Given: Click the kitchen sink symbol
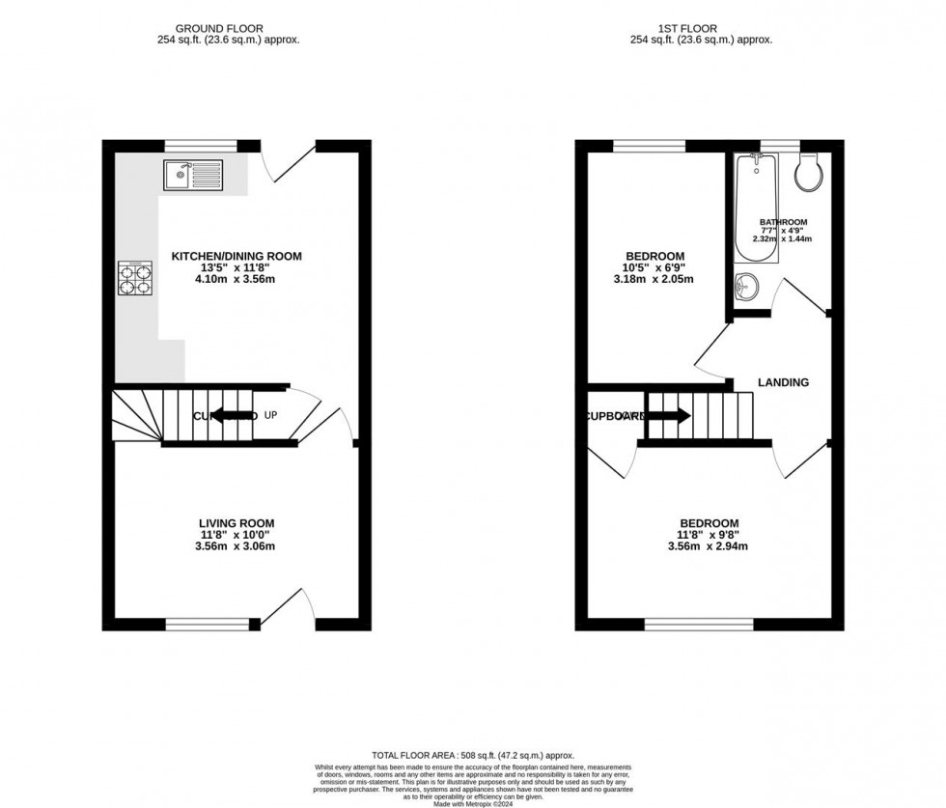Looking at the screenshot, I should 193,174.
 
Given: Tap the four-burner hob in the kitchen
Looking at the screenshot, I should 135,278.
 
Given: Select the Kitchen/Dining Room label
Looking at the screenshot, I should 236,256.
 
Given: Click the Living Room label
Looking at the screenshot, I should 236,523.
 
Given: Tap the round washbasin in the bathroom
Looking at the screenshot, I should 745,287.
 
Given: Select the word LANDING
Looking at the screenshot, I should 783,382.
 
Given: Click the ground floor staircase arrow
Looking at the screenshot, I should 232,416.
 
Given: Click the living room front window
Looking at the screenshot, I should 201,625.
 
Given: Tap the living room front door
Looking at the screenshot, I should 290,606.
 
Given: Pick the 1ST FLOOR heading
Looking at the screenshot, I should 702,29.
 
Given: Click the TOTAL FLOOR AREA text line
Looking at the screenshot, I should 473,755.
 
